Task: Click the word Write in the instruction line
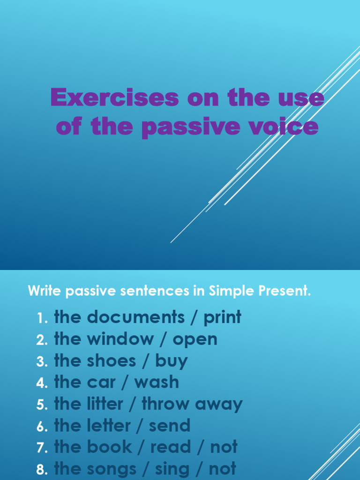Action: tap(45, 291)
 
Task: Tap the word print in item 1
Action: tap(222, 318)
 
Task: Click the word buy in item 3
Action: tap(172, 361)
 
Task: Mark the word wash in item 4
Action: tap(157, 382)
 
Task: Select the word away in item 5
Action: tap(222, 405)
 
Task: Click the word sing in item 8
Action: tap(173, 469)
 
